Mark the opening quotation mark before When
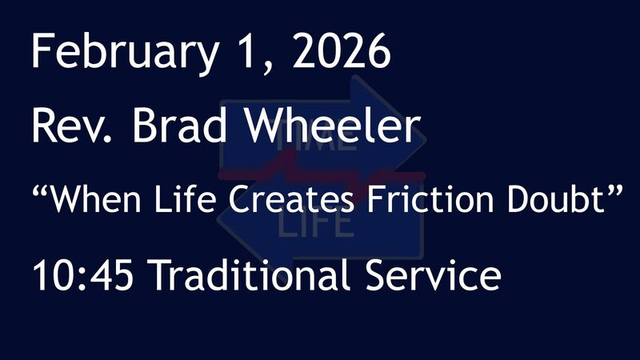41,190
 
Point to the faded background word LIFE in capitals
316,226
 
